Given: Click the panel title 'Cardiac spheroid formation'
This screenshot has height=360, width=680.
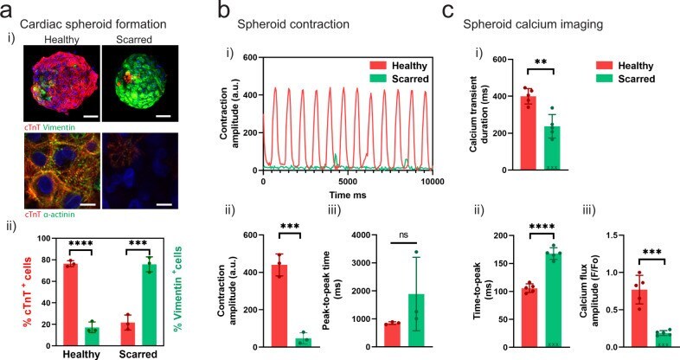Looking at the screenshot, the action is [93, 24].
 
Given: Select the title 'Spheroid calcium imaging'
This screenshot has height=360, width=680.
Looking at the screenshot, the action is [533, 24].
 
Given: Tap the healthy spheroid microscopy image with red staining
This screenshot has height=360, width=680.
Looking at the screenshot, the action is [62, 83].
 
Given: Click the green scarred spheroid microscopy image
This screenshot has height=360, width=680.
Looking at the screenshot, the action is [139, 83].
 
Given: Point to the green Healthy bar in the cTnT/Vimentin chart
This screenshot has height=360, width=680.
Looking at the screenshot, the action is [92, 337].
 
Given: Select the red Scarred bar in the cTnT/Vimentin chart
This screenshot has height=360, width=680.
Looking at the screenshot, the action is [128, 334].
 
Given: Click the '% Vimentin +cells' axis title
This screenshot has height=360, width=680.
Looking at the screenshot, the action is [178, 289].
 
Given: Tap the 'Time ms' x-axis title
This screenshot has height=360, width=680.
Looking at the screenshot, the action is [348, 196].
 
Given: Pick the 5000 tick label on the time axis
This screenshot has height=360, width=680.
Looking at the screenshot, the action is [348, 182].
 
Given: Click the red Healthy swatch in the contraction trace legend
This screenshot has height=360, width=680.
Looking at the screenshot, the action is [377, 66].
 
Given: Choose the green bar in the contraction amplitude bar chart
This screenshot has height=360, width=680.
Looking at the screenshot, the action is [304, 343].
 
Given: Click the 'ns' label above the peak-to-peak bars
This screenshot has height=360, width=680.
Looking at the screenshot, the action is [403, 235].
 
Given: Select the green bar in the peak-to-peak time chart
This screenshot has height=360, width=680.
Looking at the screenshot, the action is [416, 320].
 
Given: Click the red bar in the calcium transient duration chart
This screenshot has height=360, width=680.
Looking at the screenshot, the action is [529, 133].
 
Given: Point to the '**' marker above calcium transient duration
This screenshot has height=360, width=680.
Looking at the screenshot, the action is [541, 61].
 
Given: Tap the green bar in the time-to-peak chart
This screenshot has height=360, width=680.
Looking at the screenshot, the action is [554, 300].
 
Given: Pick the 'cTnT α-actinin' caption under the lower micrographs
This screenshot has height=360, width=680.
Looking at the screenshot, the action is [49, 215].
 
